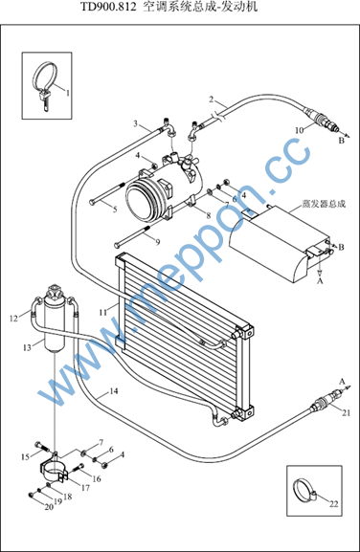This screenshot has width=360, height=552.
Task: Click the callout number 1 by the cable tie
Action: point(68,93)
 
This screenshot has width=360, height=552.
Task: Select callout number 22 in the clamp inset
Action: point(333,504)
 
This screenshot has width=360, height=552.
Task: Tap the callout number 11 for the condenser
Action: point(102,312)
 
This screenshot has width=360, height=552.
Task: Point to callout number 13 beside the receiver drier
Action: point(27,348)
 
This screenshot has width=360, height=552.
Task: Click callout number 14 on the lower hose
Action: point(113,390)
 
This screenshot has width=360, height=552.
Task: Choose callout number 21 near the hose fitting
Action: point(347,412)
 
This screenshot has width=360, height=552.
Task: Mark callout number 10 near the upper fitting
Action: point(299,130)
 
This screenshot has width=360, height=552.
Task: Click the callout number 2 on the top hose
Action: point(212,99)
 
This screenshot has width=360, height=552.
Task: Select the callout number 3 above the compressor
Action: point(136,123)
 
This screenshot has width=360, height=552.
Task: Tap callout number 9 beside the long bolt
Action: point(158,242)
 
